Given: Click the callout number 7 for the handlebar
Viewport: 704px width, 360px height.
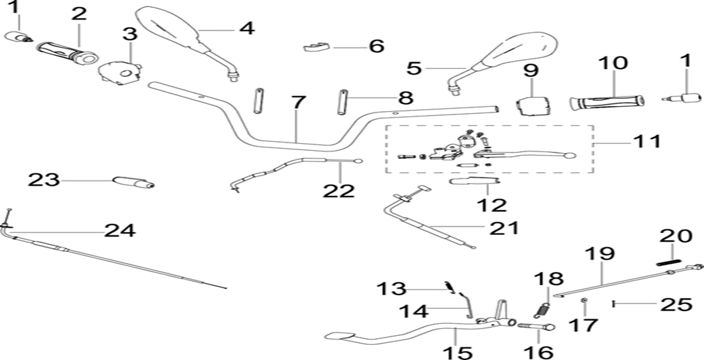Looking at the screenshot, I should [296, 103].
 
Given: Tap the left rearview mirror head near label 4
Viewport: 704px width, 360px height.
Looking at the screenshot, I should [166, 27].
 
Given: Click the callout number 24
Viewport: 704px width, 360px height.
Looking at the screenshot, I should [120, 230].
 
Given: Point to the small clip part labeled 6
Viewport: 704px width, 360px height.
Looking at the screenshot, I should [316, 47].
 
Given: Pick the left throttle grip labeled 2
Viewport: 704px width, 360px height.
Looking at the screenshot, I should [67, 52].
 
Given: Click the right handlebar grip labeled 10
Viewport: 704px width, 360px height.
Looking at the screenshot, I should [607, 101].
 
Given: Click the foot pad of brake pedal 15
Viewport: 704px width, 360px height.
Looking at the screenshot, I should [339, 334].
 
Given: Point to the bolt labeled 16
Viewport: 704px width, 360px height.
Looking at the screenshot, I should [536, 327].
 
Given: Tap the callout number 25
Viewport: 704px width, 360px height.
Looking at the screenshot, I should [676, 304].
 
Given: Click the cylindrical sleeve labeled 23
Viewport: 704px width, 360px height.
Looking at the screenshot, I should [133, 183].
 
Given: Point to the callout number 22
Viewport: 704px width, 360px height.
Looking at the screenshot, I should [338, 190].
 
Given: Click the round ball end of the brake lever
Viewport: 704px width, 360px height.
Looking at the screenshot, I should [569, 155].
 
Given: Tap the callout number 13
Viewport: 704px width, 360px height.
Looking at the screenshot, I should [391, 288].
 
